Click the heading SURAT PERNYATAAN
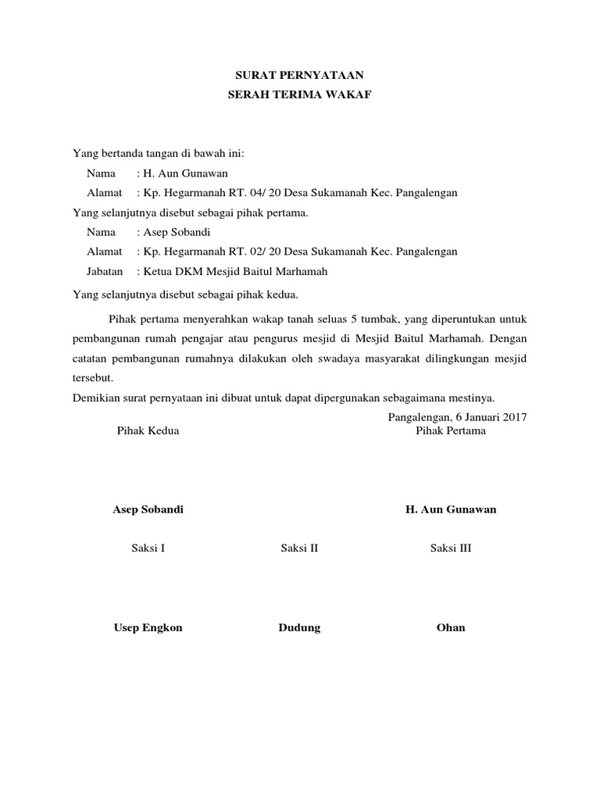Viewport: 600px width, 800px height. [300, 76]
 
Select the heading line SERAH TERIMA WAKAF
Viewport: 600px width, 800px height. [300, 95]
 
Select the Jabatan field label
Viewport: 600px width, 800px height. [105, 271]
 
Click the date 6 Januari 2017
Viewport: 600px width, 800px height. [490, 417]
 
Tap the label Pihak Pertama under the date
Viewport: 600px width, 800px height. [451, 430]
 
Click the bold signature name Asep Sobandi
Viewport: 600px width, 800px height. [148, 509]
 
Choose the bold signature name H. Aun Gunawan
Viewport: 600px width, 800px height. [451, 509]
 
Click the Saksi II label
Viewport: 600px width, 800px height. [300, 548]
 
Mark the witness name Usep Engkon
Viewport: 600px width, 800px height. [148, 627]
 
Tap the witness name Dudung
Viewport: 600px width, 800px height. [300, 627]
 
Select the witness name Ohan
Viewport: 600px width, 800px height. [451, 627]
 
